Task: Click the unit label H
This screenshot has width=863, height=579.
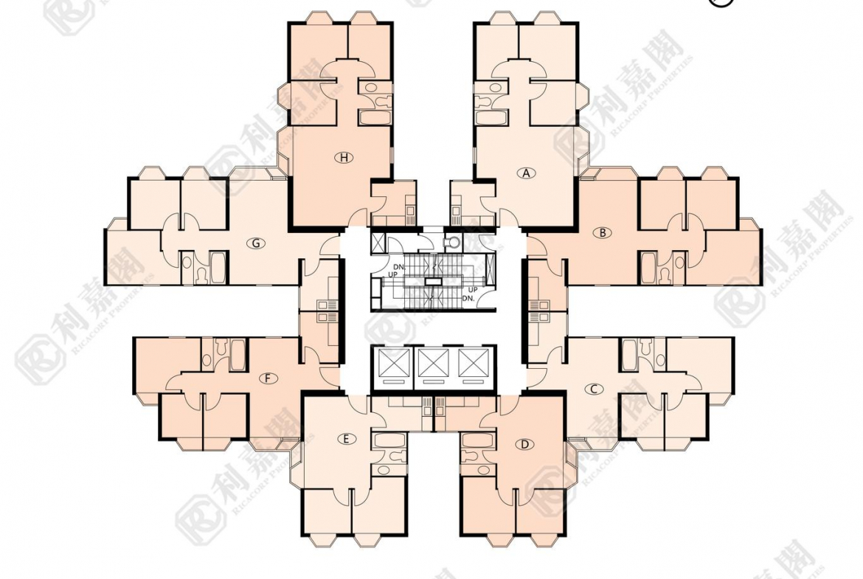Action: point(344,157)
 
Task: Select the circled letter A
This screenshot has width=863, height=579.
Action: point(525,173)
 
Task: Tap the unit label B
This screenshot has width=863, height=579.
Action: point(603,232)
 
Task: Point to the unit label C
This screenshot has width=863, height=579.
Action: point(593,389)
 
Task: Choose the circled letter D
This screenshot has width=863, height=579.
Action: point(524,444)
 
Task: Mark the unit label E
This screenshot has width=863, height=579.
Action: point(345,439)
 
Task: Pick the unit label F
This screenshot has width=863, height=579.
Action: point(269,379)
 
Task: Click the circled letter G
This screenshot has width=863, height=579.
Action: point(256,243)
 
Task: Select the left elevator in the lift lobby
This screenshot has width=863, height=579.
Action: point(392,364)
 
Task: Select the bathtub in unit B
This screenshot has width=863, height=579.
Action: point(648,267)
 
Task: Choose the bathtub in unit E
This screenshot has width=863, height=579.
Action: point(387,442)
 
